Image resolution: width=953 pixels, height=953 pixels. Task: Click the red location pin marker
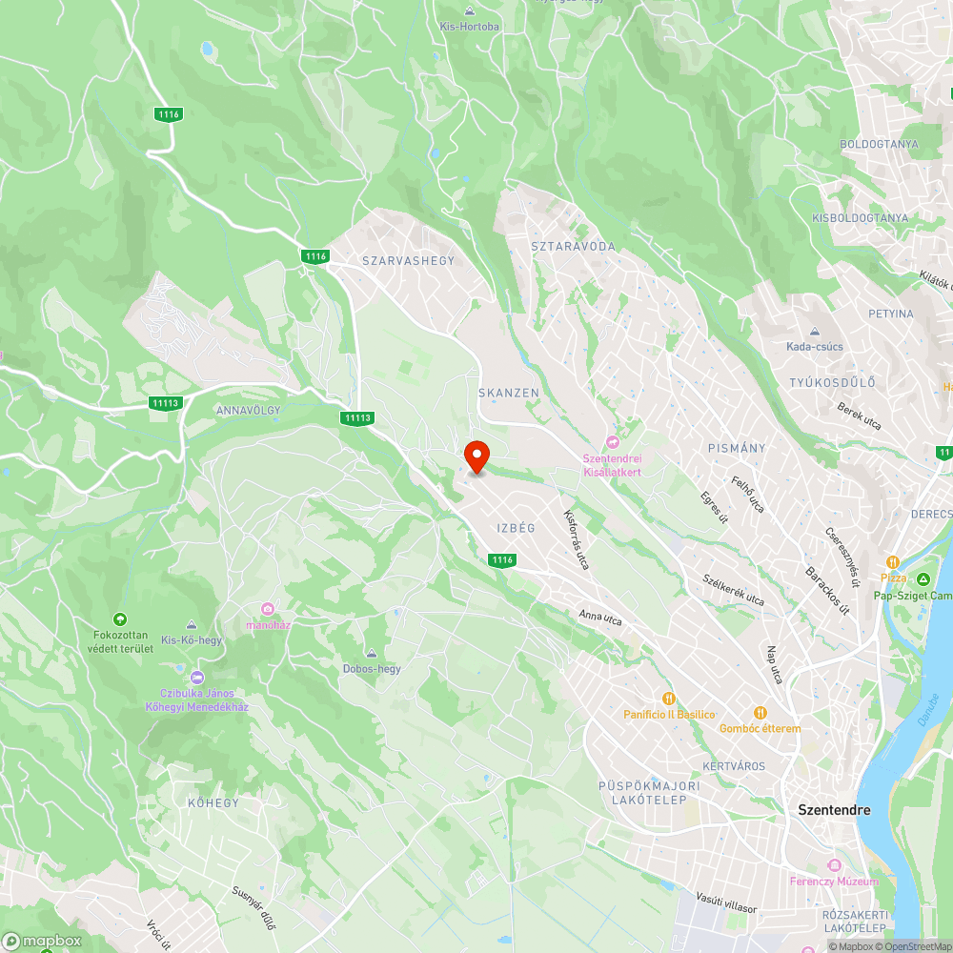point(476,456)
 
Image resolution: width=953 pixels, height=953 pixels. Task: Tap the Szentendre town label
point(834,810)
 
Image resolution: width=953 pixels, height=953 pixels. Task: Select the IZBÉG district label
point(516,528)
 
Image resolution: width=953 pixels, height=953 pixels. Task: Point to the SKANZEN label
point(509,393)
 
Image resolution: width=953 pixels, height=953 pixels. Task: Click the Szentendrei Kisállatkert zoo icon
point(613,442)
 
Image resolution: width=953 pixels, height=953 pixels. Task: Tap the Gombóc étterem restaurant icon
point(760,712)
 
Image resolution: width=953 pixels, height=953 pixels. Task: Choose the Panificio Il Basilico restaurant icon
point(668,699)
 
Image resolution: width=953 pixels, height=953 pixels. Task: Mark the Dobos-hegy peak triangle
point(372,653)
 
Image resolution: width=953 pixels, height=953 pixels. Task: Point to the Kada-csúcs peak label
point(814,346)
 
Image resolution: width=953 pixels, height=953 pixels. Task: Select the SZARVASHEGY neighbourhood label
point(409,260)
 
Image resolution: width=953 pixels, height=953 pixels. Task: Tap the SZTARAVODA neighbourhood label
point(574,246)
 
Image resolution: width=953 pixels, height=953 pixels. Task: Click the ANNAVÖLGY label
point(247,410)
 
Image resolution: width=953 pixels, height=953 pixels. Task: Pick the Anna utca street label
point(600,618)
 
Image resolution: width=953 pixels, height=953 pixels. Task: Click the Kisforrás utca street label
point(577,540)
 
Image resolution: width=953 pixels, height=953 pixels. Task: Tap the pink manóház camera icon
point(268,609)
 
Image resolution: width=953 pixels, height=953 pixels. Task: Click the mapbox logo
point(42,941)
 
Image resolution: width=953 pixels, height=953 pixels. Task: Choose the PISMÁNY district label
point(737,447)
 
